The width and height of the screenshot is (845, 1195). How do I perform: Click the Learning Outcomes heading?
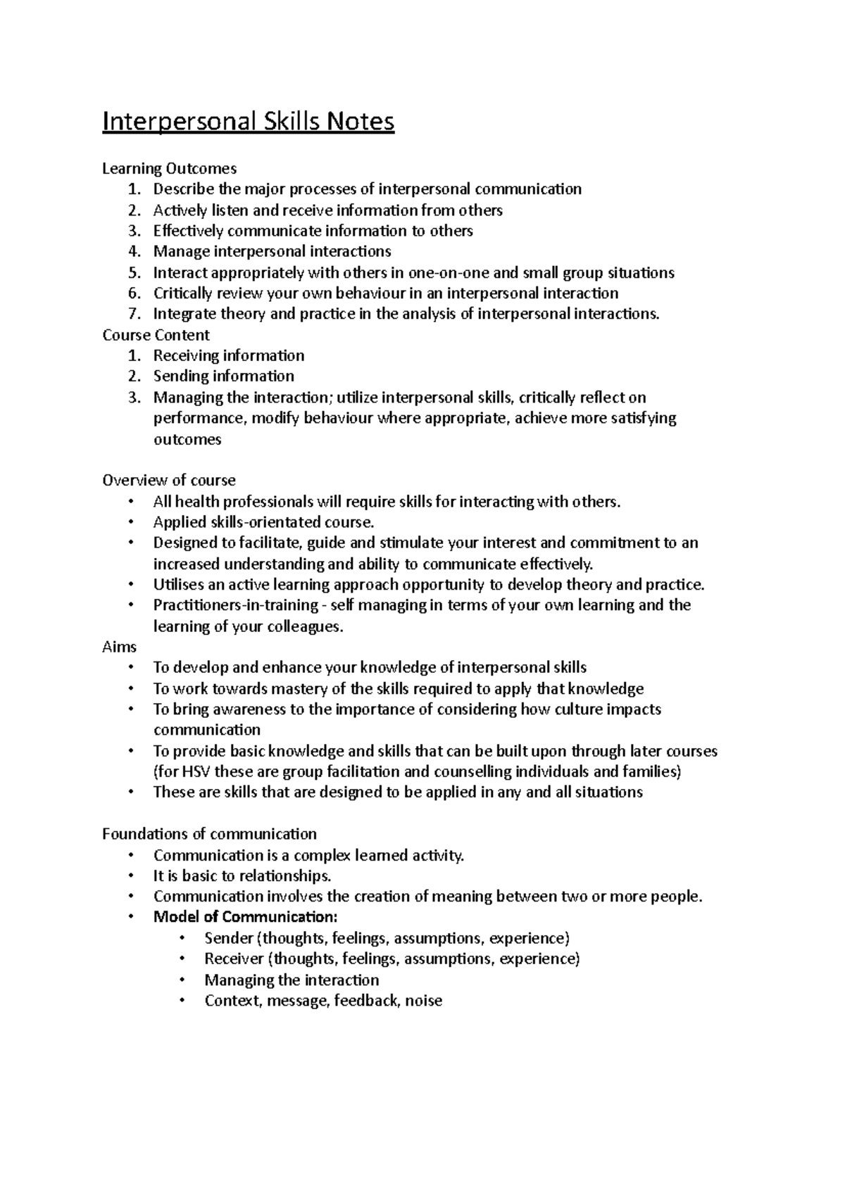point(169,168)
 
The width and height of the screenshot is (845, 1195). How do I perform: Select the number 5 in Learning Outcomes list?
point(135,272)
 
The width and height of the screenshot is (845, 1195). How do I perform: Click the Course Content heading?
point(156,335)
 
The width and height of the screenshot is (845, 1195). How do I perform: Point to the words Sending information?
point(223,377)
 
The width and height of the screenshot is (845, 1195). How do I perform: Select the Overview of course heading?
point(168,481)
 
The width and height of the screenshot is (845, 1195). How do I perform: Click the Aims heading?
point(119,647)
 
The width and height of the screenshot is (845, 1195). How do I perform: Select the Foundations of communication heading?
point(209,834)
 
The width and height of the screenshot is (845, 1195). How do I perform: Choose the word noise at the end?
point(424,1000)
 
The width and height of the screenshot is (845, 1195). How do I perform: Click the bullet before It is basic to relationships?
point(131,876)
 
